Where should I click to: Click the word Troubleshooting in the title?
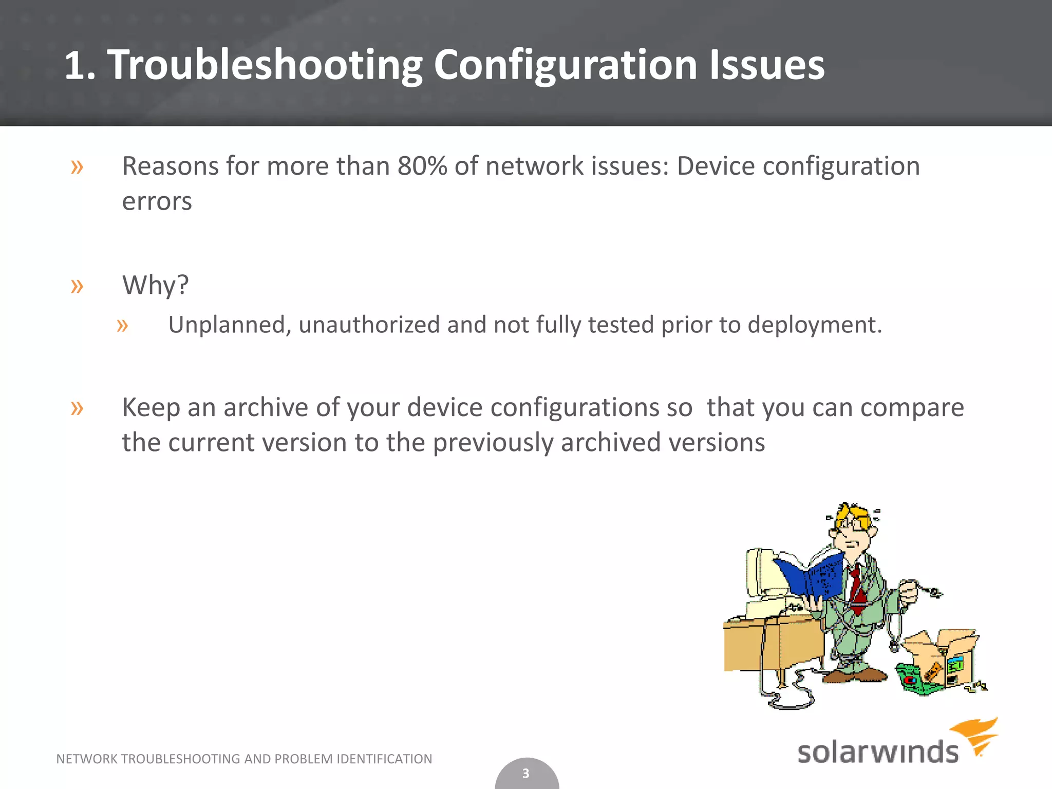[x=264, y=65]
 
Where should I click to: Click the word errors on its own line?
[x=157, y=201]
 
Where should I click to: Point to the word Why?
[x=155, y=285]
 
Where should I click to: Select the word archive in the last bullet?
[x=266, y=407]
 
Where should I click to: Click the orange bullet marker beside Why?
[x=77, y=286]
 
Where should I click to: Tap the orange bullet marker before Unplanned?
[x=122, y=325]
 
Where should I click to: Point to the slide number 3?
[x=525, y=773]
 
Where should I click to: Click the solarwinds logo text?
[x=877, y=752]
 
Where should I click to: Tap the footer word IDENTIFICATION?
[x=384, y=759]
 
